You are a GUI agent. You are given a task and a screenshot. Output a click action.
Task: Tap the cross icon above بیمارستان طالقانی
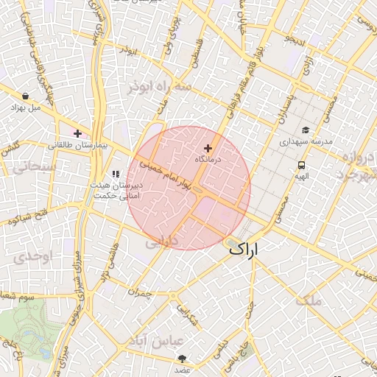pyautogui.click(x=77, y=133)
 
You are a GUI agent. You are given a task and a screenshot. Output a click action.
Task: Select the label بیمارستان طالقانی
pyautogui.click(x=77, y=146)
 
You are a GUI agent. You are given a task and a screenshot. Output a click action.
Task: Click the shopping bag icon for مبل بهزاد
pyautogui.click(x=27, y=96)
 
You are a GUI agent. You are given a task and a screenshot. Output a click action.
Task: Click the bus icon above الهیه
pyautogui.click(x=301, y=165)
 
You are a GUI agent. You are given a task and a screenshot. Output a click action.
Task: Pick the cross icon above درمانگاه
pyautogui.click(x=208, y=148)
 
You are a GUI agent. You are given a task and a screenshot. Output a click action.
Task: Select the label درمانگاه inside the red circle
pyautogui.click(x=208, y=159)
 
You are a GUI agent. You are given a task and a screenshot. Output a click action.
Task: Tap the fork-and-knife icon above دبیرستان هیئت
pyautogui.click(x=115, y=174)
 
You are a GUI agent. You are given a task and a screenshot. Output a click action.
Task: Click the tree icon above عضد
pyautogui.click(x=182, y=359)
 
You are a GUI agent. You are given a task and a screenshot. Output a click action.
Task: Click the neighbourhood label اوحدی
pyautogui.click(x=30, y=257)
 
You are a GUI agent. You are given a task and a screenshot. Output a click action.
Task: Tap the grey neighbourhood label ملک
pyautogui.click(x=308, y=300)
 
